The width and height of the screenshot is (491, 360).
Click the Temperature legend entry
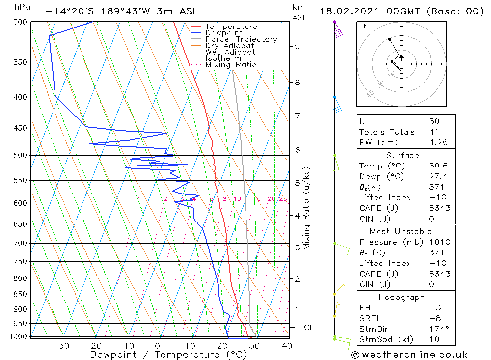(231, 27)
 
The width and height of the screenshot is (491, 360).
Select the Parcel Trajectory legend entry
(241, 39)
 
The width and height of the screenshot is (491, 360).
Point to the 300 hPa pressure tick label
(20, 22)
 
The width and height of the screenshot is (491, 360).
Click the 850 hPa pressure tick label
(20, 294)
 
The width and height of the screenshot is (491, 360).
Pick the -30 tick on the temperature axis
(60, 346)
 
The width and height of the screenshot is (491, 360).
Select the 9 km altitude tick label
(297, 46)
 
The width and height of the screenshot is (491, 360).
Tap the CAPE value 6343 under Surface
(439, 208)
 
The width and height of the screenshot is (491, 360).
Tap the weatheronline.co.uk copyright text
(409, 355)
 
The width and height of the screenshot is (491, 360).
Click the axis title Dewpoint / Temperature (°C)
(168, 354)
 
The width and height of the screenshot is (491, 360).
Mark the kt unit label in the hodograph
(363, 26)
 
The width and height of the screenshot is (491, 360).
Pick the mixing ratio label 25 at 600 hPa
(283, 199)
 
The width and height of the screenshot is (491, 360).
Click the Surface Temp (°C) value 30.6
(438, 166)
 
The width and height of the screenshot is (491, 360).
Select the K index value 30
(434, 121)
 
